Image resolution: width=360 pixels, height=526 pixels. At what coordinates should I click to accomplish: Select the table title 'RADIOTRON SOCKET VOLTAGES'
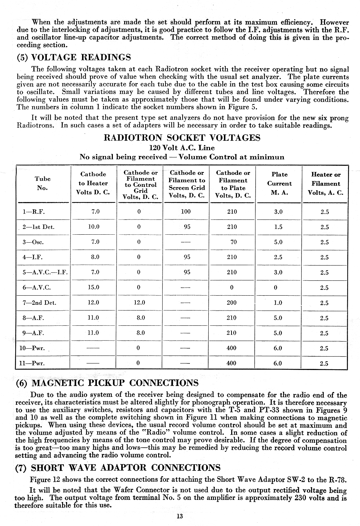click(182, 138)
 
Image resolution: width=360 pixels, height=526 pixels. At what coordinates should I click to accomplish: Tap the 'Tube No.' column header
click(42, 183)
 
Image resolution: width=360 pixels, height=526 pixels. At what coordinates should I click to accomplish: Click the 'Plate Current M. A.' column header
click(279, 184)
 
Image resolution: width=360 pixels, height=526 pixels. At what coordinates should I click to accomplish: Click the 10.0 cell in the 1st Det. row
click(94, 227)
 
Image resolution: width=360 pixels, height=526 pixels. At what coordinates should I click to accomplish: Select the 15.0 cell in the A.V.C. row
click(94, 287)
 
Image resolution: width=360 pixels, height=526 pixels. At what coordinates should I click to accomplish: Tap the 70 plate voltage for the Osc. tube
click(233, 242)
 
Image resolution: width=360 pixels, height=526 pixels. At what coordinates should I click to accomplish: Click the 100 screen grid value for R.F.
click(185, 211)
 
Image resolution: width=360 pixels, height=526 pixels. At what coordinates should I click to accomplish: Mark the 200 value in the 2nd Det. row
click(232, 303)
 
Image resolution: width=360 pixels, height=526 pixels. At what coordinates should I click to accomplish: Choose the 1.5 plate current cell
click(278, 227)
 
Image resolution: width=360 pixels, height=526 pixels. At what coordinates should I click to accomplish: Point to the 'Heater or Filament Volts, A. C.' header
click(325, 184)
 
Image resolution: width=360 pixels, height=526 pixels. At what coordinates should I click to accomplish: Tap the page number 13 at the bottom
click(179, 517)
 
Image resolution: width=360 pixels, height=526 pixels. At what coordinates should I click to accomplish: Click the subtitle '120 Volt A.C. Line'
click(182, 148)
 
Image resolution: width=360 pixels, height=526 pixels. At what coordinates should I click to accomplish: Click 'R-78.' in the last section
click(337, 480)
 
